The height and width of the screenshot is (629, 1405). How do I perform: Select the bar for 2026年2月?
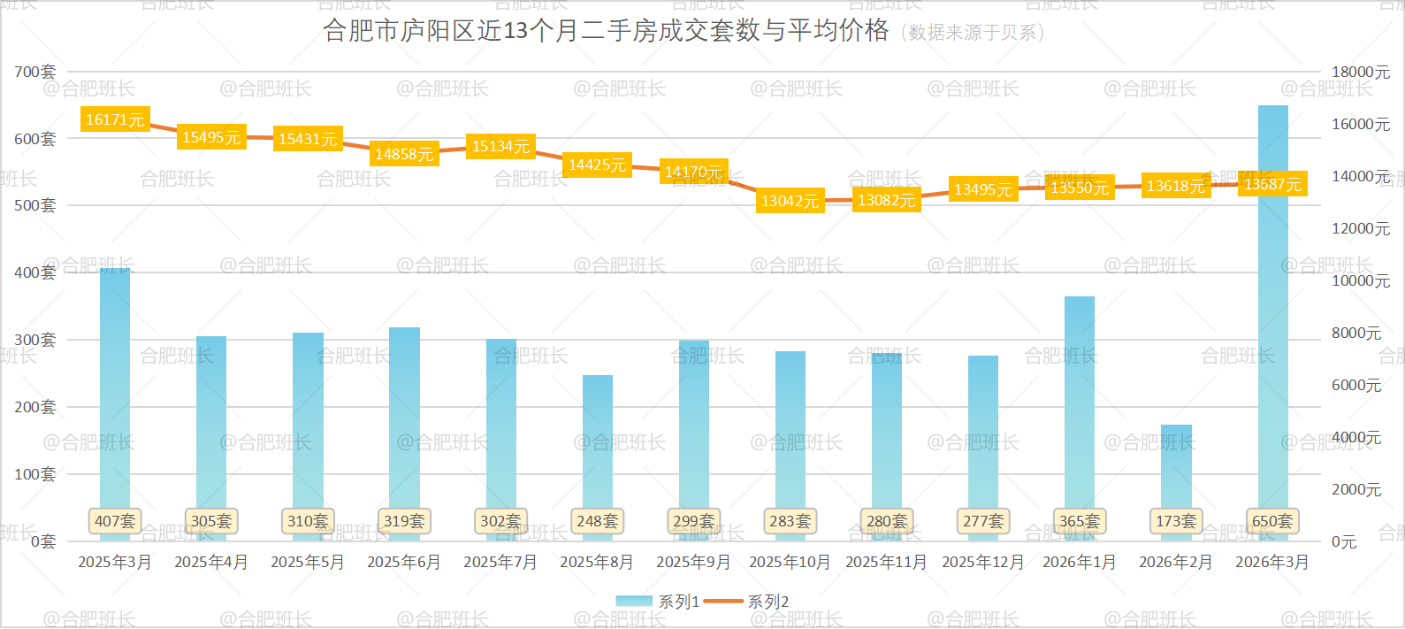coord(1176,469)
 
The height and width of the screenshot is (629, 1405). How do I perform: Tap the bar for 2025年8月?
coord(597,442)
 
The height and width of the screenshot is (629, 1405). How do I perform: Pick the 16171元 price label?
coord(115,119)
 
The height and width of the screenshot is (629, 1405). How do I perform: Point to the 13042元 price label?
coord(790,201)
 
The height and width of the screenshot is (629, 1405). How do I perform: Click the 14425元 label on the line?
coord(597,165)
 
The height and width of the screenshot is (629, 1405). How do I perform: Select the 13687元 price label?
coord(1272,184)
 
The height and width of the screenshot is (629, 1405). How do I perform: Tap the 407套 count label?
coord(115,521)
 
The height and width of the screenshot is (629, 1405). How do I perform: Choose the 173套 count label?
coord(1176,521)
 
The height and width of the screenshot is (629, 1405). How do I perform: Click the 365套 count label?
coord(1080,521)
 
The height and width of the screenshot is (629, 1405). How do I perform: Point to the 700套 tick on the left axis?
coord(35,72)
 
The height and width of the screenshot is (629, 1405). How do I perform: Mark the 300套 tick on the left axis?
coord(35,340)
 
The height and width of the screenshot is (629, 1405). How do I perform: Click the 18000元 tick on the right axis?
coord(1361,72)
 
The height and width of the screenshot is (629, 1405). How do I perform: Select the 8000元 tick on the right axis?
coord(1356,333)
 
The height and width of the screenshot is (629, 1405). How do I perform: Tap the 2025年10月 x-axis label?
coord(790,562)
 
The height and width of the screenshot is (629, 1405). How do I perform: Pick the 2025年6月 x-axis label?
coord(404,562)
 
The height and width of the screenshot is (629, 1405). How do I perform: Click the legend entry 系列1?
coord(658,602)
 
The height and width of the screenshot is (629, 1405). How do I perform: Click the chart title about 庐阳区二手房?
coord(606,31)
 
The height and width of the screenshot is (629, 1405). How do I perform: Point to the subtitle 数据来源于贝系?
coord(973,33)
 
